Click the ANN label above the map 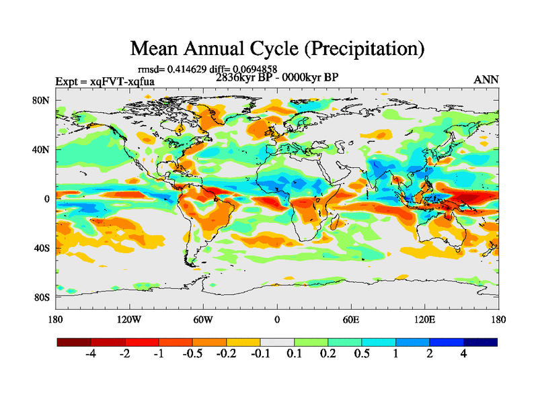coord(486,79)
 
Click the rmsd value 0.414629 coord(184,69)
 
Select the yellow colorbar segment coord(243,342)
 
